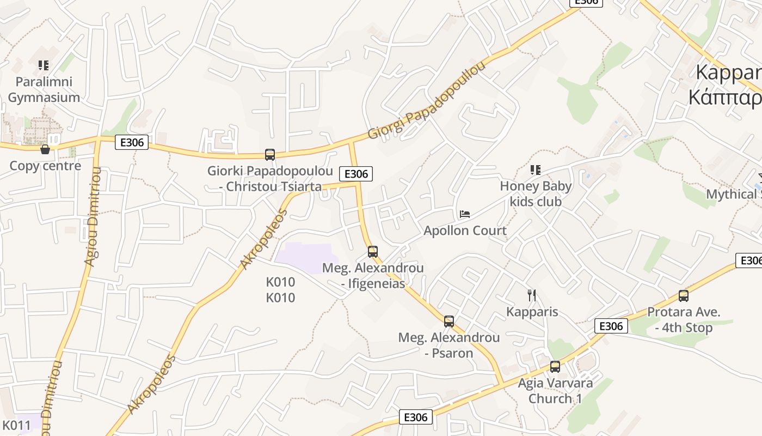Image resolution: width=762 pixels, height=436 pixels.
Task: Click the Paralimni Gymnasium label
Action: (x=44, y=89)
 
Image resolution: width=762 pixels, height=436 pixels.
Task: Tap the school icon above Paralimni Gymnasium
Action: (x=44, y=65)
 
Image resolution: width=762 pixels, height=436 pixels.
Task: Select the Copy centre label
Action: (x=45, y=166)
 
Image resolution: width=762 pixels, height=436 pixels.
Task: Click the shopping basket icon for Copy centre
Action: (x=45, y=149)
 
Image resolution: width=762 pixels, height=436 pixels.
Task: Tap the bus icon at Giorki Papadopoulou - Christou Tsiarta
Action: (x=270, y=154)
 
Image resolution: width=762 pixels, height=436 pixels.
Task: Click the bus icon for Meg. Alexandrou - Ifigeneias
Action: (x=373, y=251)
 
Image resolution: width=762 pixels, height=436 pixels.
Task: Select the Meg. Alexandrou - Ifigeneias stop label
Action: (x=373, y=276)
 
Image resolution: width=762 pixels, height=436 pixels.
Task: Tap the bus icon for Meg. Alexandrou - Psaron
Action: (x=449, y=321)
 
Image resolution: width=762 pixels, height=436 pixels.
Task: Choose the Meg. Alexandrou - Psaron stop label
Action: (x=449, y=345)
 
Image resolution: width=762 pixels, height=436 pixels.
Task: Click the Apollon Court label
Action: (x=465, y=231)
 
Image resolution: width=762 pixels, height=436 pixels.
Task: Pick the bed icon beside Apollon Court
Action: (x=464, y=214)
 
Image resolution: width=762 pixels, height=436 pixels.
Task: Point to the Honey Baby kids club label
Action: (x=536, y=193)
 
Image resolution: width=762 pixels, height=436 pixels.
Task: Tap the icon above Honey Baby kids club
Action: (x=536, y=170)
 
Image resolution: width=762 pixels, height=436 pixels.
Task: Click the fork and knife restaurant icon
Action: (x=532, y=295)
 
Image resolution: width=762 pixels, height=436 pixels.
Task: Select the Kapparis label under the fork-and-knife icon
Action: (x=532, y=312)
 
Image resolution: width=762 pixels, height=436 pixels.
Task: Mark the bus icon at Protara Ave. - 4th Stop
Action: (x=684, y=296)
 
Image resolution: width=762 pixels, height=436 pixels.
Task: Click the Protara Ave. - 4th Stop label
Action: (x=684, y=320)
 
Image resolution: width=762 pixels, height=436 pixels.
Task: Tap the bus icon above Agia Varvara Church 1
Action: (x=555, y=366)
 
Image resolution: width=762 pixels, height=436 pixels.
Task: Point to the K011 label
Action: (x=16, y=425)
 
